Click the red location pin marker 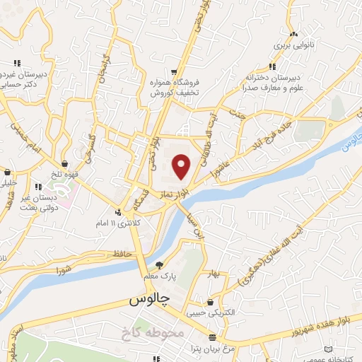pos(182,166)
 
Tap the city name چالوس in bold pos(150,300)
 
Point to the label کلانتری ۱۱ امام pos(122,223)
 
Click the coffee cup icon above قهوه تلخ pos(65,163)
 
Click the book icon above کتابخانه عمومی pos(327,349)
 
